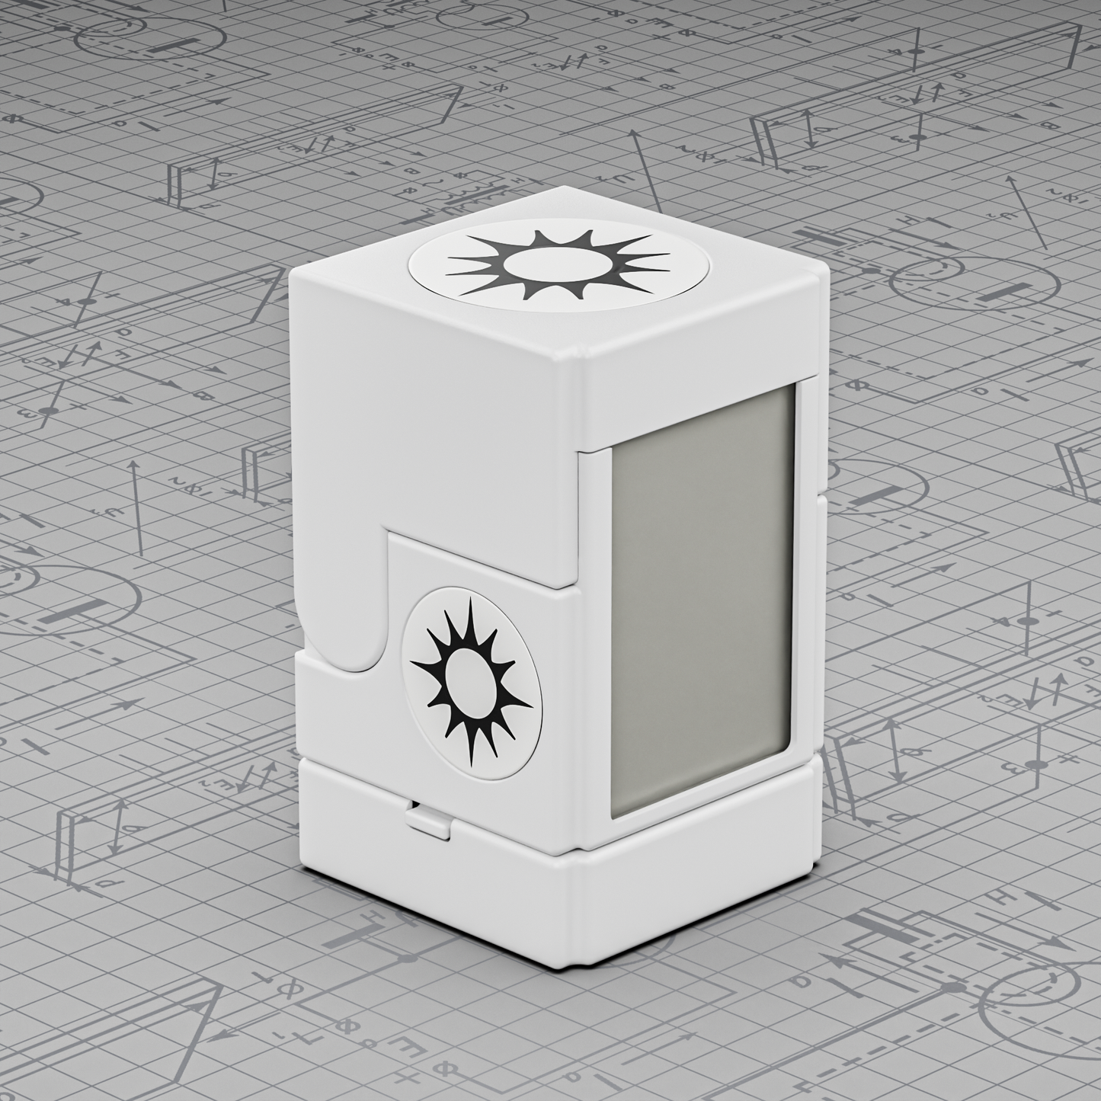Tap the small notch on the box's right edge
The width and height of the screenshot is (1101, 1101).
820,499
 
